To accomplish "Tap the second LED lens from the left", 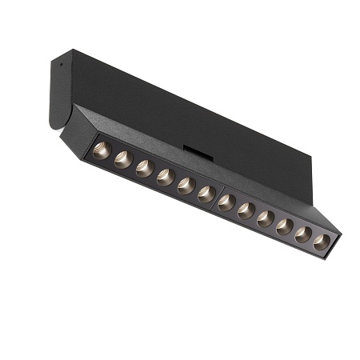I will pyautogui.click(x=122, y=159).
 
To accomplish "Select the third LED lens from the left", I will pyautogui.click(x=144, y=168).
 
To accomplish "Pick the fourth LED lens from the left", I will pyautogui.click(x=165, y=177).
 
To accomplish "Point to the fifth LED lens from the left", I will pyautogui.click(x=186, y=186).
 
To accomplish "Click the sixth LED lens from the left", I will pyautogui.click(x=206, y=194).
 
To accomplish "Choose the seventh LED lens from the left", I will pyautogui.click(x=226, y=203).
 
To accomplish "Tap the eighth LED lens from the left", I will pyautogui.click(x=246, y=211).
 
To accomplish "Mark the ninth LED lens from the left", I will pyautogui.click(x=266, y=219).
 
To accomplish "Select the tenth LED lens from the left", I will pyautogui.click(x=285, y=227).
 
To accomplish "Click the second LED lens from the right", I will pyautogui.click(x=303, y=235).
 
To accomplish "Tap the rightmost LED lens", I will pyautogui.click(x=322, y=242).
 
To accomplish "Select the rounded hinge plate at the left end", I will pyautogui.click(x=58, y=92).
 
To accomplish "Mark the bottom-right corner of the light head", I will pyautogui.click(x=330, y=258).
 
